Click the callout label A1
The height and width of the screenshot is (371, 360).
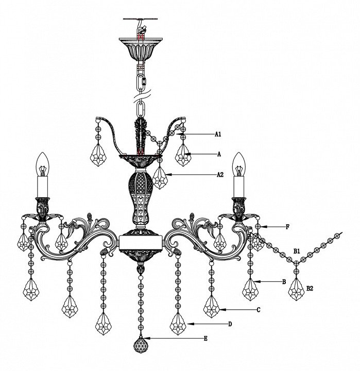(x=218, y=134)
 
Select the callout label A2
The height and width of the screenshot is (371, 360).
(x=220, y=175)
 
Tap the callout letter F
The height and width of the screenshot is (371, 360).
(x=287, y=227)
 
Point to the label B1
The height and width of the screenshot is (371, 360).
(x=297, y=251)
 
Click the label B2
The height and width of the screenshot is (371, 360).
(x=310, y=289)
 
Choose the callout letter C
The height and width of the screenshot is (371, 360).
(x=259, y=310)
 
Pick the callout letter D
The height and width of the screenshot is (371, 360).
(x=230, y=324)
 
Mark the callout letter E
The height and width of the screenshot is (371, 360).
(x=205, y=339)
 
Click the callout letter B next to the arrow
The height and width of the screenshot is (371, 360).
(x=284, y=281)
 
